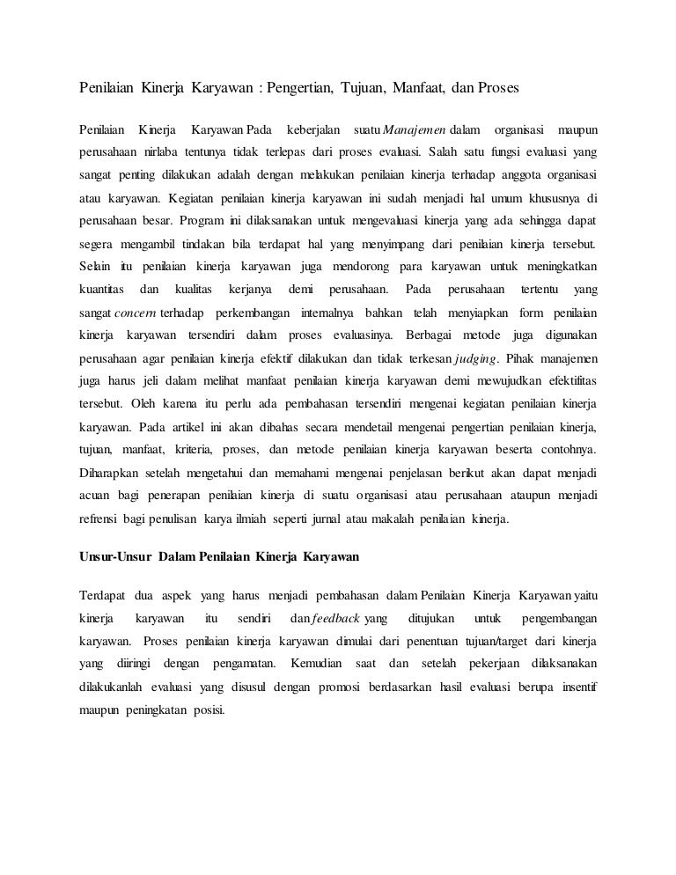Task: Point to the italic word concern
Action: pos(136,314)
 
